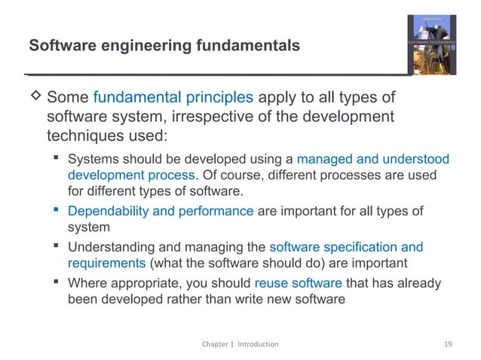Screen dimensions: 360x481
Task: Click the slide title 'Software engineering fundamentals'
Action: tap(164, 46)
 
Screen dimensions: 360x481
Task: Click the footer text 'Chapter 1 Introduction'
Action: tap(240, 343)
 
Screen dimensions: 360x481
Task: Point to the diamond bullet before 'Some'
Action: tap(34, 99)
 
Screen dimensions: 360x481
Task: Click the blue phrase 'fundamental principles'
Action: tap(173, 99)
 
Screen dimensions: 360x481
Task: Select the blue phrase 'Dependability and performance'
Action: tap(161, 212)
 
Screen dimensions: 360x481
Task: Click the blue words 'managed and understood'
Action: tap(373, 160)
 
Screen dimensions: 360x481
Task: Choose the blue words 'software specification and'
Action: tap(346, 247)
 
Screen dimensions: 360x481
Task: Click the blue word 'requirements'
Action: tap(107, 262)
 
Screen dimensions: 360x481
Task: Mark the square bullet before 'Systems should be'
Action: tap(57, 159)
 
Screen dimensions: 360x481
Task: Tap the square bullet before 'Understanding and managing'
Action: tap(57, 247)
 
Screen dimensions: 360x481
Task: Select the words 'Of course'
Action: tap(227, 175)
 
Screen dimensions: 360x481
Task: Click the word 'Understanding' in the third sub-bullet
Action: tap(107, 247)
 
